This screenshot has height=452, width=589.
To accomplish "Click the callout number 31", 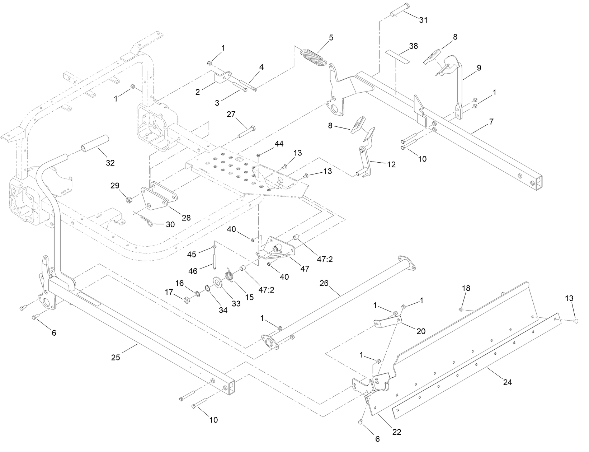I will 423,20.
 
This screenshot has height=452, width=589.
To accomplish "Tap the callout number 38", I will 414,46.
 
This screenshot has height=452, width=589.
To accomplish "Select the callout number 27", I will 231,114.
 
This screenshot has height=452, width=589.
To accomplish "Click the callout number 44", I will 279,144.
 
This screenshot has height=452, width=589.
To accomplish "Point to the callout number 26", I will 324,283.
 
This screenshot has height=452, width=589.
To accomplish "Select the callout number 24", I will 507,382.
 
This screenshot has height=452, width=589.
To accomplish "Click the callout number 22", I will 397,432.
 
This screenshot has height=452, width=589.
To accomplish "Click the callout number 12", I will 391,164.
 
